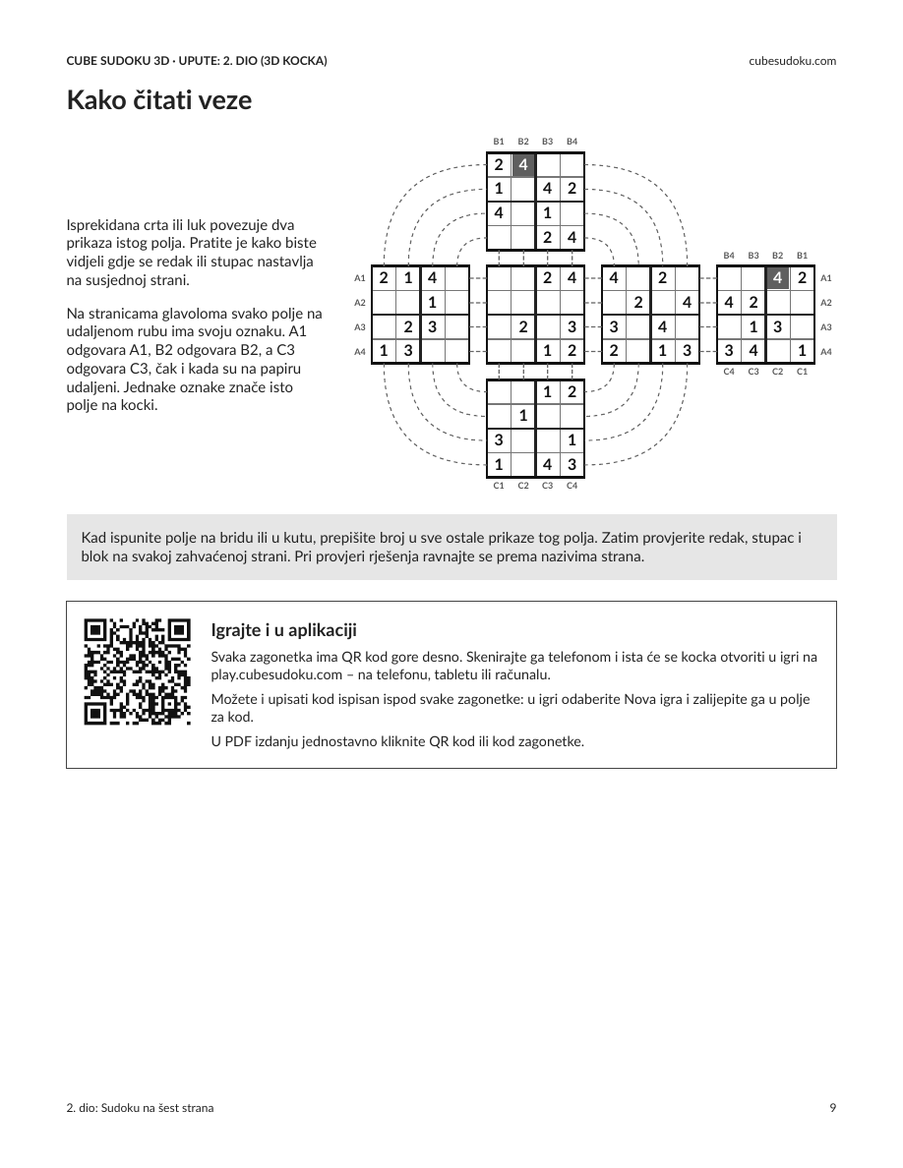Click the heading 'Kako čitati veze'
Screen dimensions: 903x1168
159,100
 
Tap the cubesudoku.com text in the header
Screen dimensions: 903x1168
792,61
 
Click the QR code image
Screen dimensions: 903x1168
137,672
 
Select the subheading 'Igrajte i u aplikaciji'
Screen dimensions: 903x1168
284,630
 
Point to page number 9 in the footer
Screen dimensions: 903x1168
833,1108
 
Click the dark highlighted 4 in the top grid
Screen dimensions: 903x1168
523,164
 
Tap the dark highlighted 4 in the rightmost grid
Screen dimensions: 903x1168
777,278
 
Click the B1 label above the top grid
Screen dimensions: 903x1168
499,142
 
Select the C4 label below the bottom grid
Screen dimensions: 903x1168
572,486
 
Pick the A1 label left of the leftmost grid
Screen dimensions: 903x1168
360,278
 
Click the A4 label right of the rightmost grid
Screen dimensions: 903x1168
825,352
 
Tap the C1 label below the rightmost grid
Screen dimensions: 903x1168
802,371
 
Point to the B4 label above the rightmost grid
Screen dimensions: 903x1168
729,256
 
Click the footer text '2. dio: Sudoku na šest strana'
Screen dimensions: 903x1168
140,1108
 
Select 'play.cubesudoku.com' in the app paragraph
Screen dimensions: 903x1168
276,674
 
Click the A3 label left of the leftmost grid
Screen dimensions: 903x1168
360,327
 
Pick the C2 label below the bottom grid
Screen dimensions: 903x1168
523,486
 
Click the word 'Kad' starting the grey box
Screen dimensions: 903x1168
93,538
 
